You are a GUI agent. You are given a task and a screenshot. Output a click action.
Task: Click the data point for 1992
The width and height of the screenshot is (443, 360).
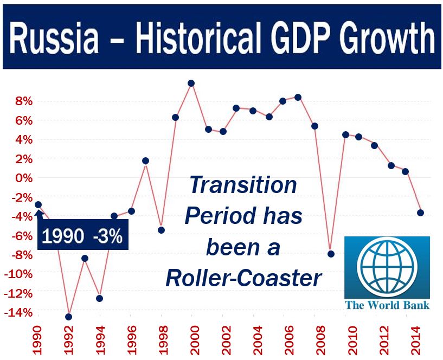pos(69,317)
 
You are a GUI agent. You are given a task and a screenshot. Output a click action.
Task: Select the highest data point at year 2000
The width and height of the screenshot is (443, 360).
pos(191,83)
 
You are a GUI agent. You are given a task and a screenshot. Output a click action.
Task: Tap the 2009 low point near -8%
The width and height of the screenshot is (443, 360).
pos(331,254)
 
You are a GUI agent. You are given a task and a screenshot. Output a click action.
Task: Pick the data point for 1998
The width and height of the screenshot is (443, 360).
pos(162,230)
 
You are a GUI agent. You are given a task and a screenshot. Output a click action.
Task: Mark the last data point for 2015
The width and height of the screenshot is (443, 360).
pos(420,213)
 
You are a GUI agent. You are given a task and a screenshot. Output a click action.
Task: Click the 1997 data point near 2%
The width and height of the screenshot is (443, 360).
pos(145,161)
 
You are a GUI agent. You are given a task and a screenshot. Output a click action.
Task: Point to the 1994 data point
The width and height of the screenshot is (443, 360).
pos(99,298)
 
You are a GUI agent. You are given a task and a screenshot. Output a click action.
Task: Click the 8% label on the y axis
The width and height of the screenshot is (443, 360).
pos(24,101)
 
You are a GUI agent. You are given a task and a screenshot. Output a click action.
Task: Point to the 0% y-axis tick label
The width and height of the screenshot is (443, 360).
pos(24,178)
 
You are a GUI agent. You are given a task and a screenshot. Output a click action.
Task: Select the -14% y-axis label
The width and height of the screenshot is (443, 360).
pos(18,313)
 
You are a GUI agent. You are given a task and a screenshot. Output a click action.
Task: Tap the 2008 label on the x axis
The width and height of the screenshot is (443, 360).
pos(321,340)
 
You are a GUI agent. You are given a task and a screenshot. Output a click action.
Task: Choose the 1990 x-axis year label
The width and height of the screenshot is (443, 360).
pos(37,340)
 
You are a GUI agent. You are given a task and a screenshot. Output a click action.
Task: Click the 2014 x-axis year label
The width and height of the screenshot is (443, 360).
pos(416,340)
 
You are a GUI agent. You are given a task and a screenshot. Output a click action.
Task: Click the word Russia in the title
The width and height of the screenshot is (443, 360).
pos(54,37)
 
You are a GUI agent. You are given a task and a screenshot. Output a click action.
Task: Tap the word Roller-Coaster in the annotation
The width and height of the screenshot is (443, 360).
pos(243,278)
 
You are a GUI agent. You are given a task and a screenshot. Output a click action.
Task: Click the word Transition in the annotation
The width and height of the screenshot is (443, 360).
pos(243,185)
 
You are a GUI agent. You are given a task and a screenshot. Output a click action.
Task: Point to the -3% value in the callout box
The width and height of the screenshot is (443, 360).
pos(108,236)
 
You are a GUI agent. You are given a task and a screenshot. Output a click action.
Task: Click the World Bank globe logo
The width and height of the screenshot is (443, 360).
pos(387,268)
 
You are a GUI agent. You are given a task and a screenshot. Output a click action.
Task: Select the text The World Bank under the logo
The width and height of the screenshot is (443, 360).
pos(387,305)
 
